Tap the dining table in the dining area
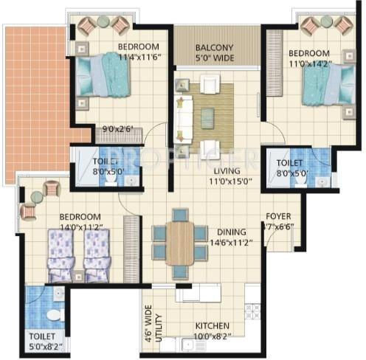point(180,243)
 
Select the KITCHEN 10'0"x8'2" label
point(213,330)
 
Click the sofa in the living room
point(182,113)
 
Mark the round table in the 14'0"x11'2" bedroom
point(37,197)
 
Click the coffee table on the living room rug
point(208,113)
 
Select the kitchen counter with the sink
point(200,293)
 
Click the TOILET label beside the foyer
point(289,167)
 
